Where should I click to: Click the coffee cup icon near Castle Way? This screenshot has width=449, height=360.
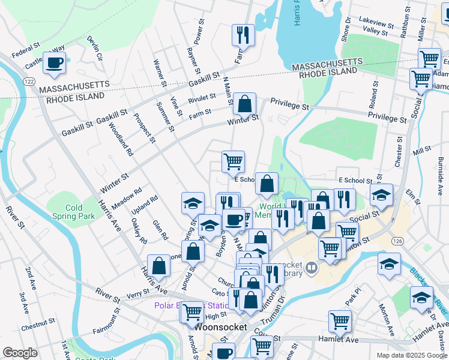coord(55,62)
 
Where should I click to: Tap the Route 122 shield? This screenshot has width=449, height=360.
coord(28,80)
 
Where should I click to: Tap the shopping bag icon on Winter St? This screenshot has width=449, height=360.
coord(245,104)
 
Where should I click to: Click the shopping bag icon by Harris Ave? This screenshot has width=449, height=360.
coord(158,265)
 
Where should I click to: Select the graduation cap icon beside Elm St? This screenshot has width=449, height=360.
coord(381,195)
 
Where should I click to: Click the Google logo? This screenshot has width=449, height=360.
coord(20,352)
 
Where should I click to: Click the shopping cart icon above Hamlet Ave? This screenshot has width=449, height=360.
coord(340,321)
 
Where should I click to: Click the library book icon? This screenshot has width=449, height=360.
coord(311,268)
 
